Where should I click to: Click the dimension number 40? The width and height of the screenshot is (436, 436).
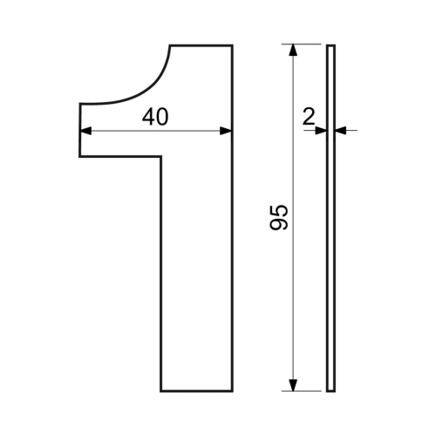pos(155,117)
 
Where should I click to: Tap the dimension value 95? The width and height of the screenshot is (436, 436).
pos(279,217)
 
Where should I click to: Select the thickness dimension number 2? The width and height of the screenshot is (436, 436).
pos(309,116)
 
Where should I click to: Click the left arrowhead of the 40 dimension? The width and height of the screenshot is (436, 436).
pos(85,131)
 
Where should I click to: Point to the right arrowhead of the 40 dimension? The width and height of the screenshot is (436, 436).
pos(226,131)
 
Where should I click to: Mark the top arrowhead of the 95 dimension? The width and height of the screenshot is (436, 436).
pos(294,50)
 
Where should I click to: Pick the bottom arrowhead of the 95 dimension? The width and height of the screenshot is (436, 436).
pos(294,385)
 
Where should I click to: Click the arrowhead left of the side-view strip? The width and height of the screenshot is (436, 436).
pos(321,131)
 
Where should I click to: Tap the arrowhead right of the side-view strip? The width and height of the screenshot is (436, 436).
pos(341,131)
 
